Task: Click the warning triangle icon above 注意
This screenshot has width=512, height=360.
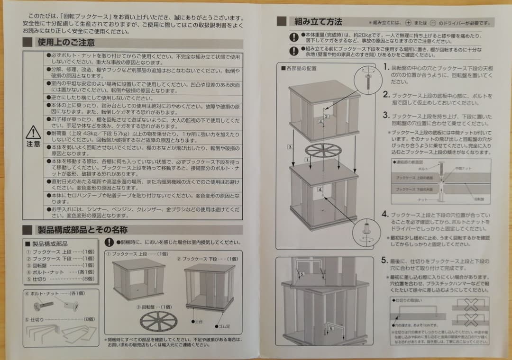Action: point(33,133)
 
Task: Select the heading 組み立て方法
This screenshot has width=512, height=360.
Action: point(318,21)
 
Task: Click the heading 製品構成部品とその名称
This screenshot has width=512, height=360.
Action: point(82,230)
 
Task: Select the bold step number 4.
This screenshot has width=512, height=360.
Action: point(385,215)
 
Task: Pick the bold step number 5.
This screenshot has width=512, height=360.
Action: point(385,261)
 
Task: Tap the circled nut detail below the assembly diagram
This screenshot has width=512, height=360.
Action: point(366,232)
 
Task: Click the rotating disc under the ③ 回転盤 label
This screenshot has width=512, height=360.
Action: point(158,321)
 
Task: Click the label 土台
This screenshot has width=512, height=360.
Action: point(200,321)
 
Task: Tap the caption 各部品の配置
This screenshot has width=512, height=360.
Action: point(302,68)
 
